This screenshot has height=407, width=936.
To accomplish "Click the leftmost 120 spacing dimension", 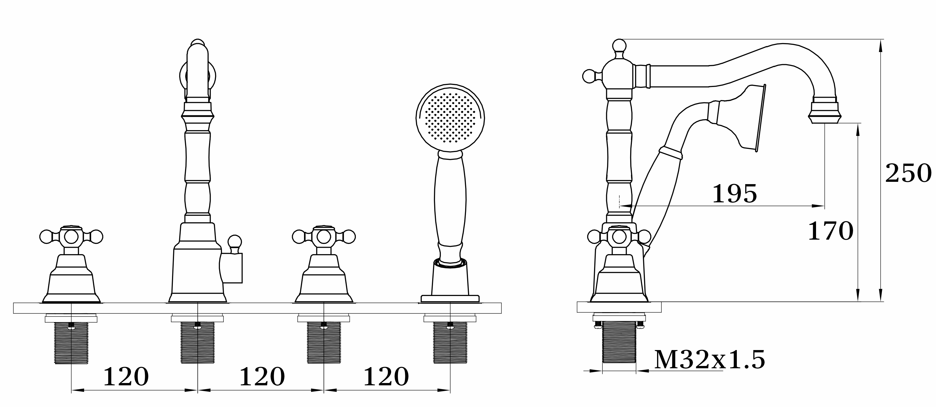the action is (x=126, y=377).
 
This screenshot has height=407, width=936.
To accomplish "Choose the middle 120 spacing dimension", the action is (x=262, y=377).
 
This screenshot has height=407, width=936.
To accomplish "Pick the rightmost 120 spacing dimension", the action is (x=386, y=377).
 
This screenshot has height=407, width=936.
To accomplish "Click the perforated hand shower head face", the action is (x=450, y=117).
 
